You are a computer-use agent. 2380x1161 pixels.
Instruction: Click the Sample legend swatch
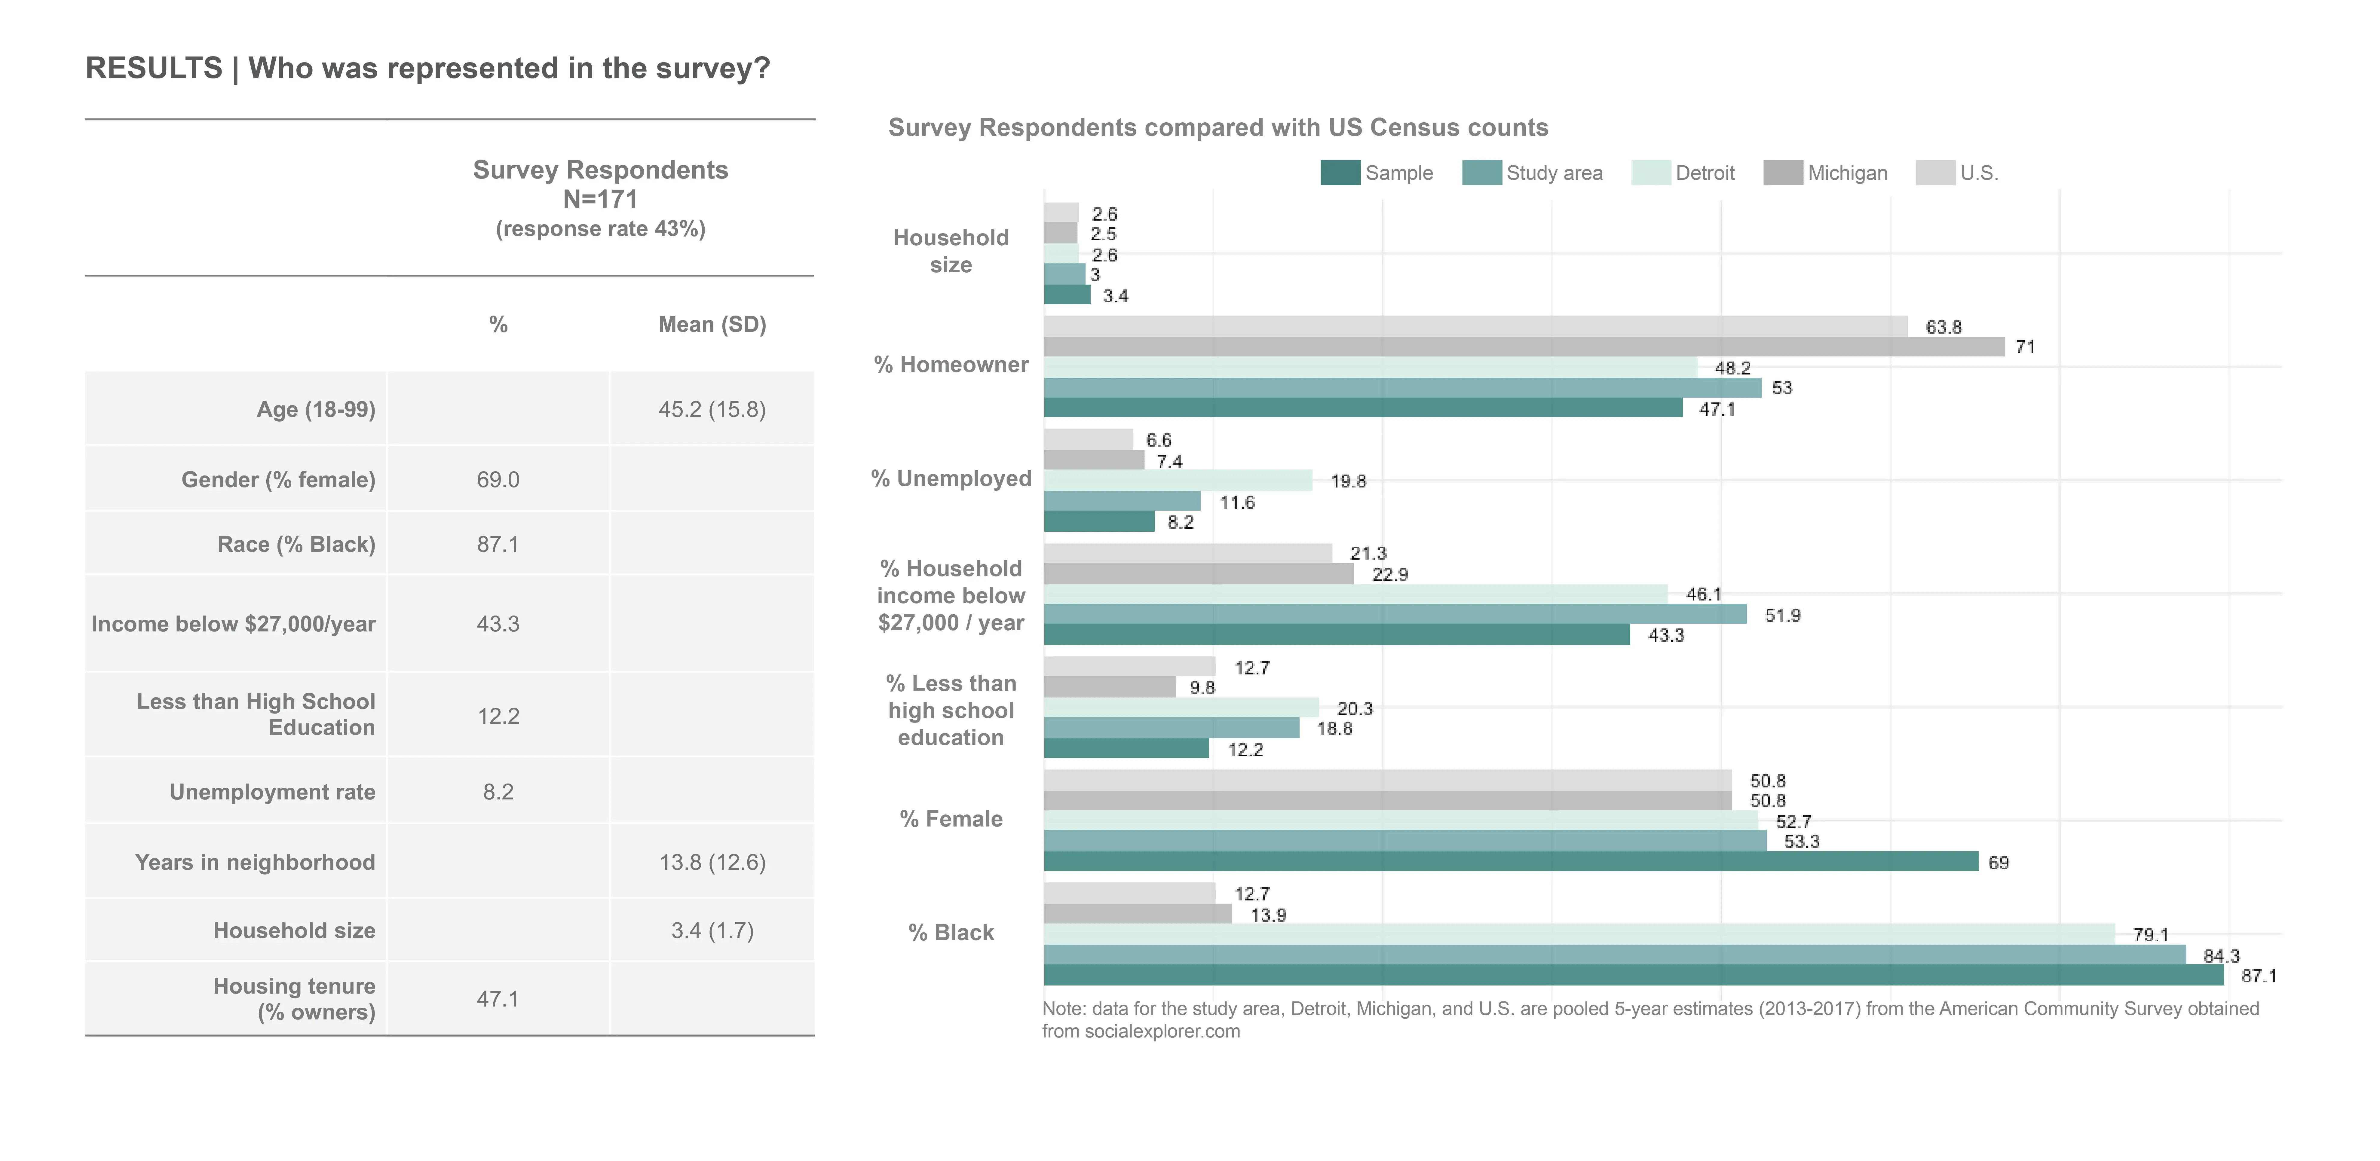pyautogui.click(x=1340, y=173)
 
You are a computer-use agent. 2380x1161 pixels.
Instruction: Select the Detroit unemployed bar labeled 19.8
pyautogui.click(x=1178, y=480)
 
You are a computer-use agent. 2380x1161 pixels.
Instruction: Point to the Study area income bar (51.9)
pyautogui.click(x=1395, y=614)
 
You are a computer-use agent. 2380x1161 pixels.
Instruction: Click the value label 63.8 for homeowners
pyautogui.click(x=1943, y=327)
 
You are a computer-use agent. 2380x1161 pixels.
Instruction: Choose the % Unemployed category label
pyautogui.click(x=951, y=478)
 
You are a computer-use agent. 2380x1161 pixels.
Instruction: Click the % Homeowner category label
pyautogui.click(x=951, y=365)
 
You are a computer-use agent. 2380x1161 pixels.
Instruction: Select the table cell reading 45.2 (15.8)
pyautogui.click(x=711, y=409)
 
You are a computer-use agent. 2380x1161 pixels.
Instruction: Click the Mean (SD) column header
pyautogui.click(x=711, y=324)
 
